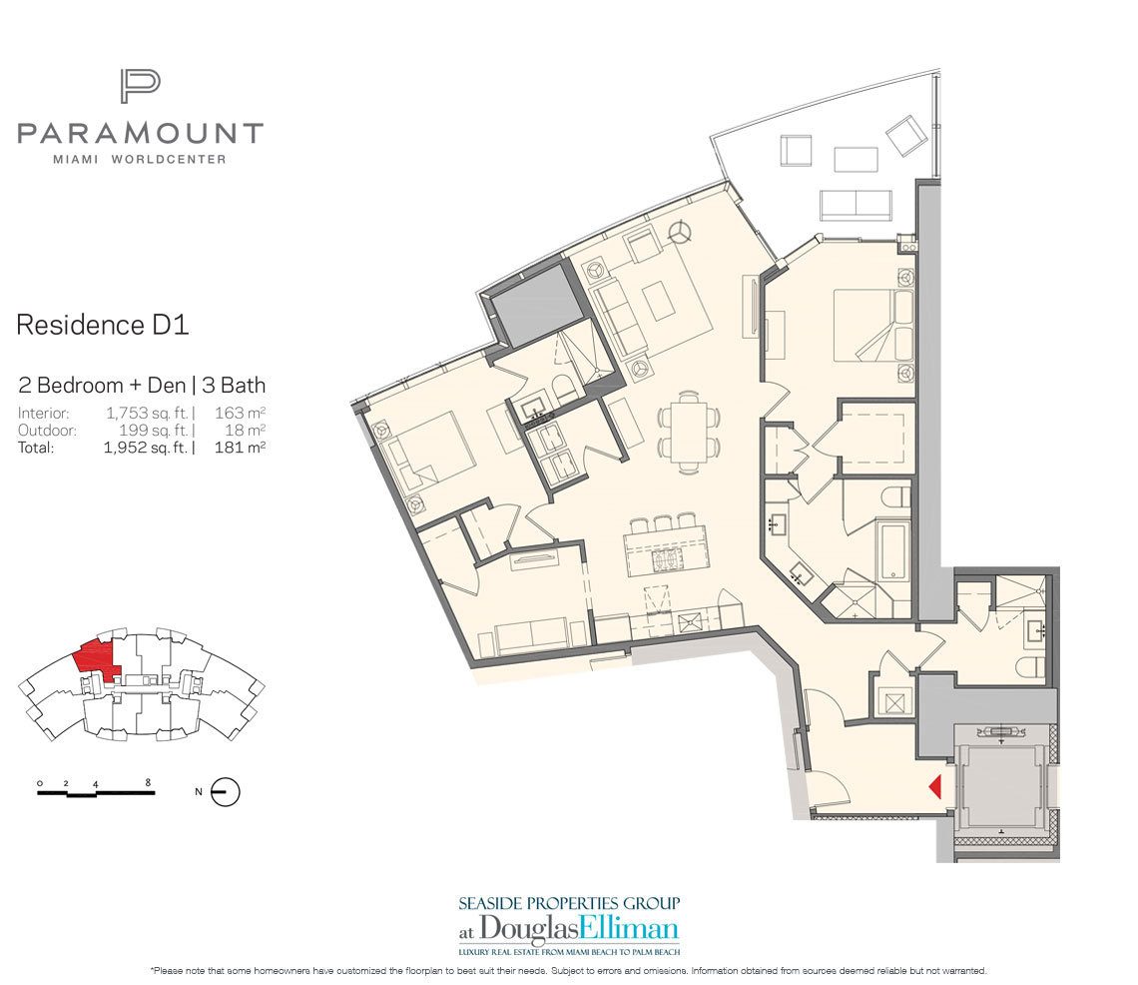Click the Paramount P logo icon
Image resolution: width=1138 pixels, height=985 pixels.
(140, 86)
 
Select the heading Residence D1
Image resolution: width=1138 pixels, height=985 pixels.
(103, 325)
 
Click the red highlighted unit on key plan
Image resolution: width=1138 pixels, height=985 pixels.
(96, 655)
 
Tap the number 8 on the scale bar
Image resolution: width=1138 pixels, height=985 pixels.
(148, 782)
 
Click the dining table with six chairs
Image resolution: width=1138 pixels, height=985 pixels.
(688, 432)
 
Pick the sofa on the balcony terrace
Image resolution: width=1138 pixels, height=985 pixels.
(855, 205)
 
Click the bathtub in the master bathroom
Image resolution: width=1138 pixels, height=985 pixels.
(891, 549)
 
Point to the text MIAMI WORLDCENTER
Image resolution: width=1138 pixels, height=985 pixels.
(140, 159)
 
